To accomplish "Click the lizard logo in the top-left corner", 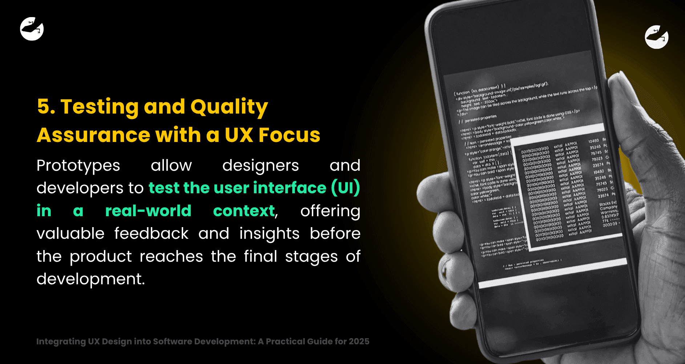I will (x=32, y=29).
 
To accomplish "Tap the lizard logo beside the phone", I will (x=656, y=37).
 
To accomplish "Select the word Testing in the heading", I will (x=99, y=107).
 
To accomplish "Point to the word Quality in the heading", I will (x=229, y=107).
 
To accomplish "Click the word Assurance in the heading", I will (x=93, y=135).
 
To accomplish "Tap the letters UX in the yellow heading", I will (x=238, y=135).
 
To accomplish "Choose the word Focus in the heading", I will (x=289, y=135).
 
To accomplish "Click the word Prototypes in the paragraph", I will (x=78, y=166).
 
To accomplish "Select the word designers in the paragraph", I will (x=260, y=166).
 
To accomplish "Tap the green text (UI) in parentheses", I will (x=345, y=188).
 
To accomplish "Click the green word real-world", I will (x=148, y=211).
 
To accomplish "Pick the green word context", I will (x=244, y=211).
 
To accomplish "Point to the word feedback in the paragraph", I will (x=151, y=233).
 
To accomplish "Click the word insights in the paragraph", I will (x=269, y=233).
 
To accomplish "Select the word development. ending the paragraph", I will (x=90, y=279).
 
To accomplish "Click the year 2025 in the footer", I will (x=359, y=341).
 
